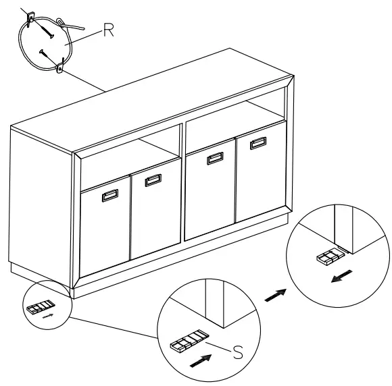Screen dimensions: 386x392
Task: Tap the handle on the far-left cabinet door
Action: tap(109, 196)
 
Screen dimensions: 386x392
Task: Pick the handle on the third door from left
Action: tap(216, 159)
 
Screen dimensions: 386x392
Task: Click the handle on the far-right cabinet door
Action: tap(258, 144)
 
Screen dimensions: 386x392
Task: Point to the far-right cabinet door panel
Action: tap(261, 179)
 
